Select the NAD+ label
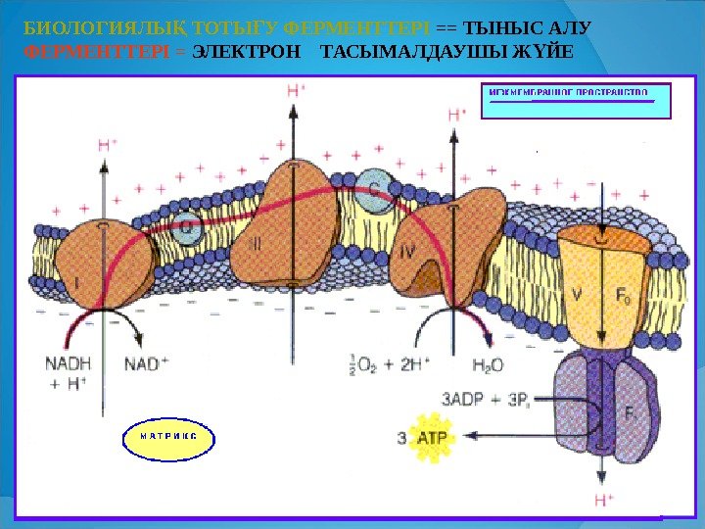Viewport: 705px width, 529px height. pos(146,363)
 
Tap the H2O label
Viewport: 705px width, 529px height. pos(488,365)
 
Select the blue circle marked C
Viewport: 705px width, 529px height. pos(373,187)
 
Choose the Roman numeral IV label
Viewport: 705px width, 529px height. pos(409,252)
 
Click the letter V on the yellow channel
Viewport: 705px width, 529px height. pos(576,291)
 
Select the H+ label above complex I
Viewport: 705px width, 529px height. pos(108,144)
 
